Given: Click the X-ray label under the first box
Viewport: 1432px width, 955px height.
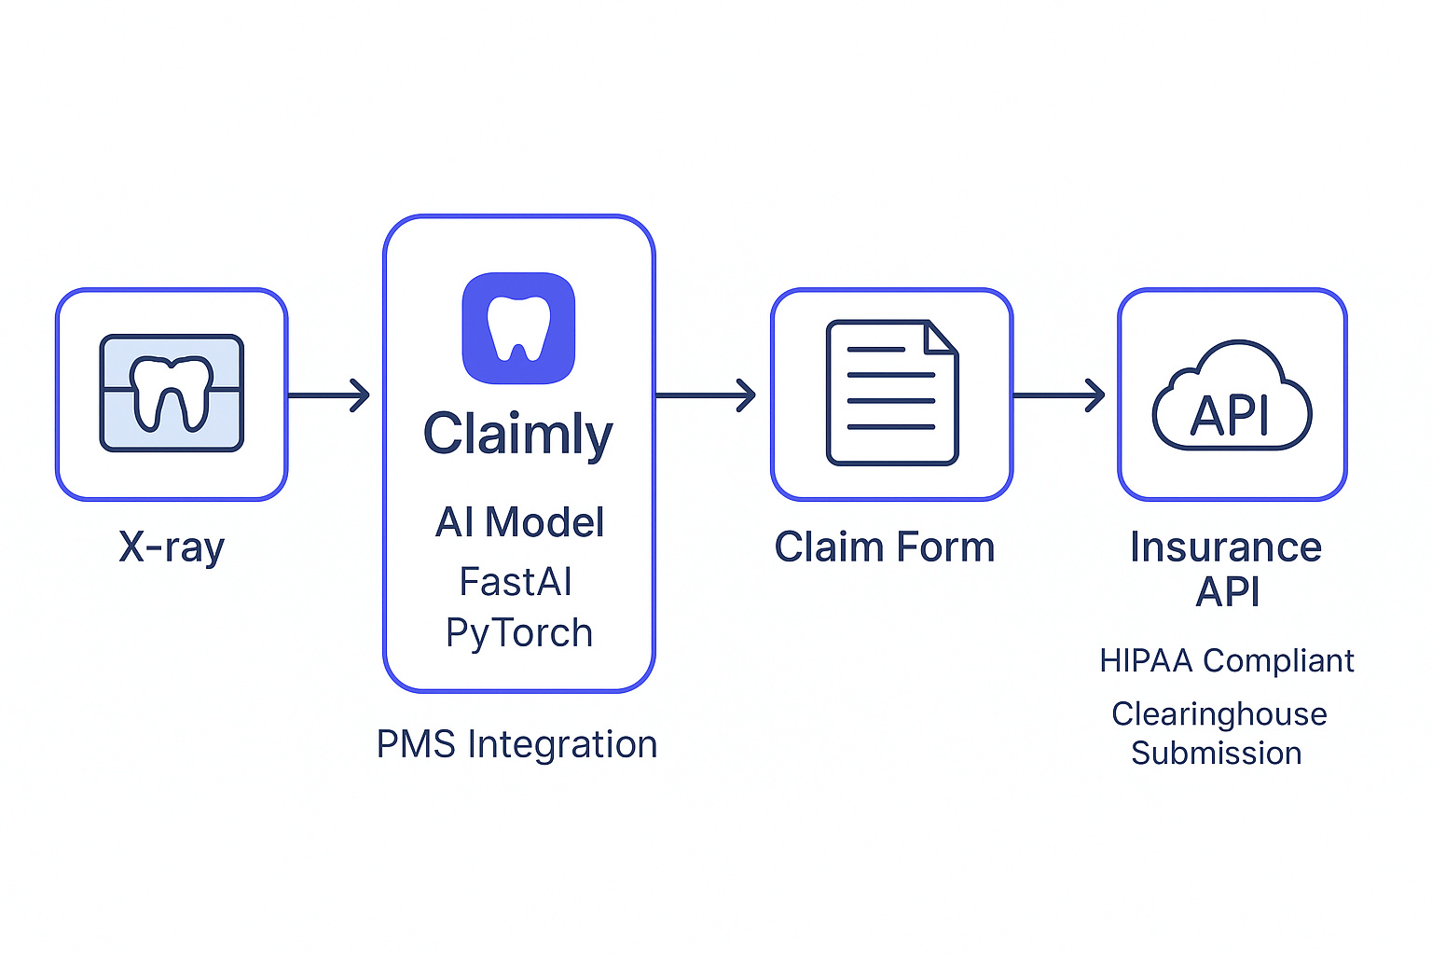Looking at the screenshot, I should point(172,547).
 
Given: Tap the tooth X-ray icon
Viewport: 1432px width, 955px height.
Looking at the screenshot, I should point(172,393).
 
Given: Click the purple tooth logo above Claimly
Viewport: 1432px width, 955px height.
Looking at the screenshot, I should point(518,327).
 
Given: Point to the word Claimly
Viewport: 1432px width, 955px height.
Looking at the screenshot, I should point(518,435).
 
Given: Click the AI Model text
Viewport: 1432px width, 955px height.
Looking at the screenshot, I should point(519,522).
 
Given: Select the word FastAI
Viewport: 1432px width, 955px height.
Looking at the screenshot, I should point(516,582).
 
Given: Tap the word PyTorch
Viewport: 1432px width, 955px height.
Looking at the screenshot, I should point(519,633).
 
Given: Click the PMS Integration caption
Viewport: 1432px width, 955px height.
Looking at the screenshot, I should point(516,744).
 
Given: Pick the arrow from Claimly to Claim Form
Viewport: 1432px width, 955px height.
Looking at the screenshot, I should point(706,394).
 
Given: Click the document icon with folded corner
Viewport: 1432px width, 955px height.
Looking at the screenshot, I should point(891,393).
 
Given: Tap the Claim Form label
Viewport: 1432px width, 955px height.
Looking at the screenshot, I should point(885,547).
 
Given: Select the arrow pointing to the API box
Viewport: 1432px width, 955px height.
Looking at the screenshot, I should point(1059,394).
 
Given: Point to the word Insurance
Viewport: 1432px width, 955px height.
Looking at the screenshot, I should point(1226,547).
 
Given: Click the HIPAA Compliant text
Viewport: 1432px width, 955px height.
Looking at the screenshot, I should point(1226,661).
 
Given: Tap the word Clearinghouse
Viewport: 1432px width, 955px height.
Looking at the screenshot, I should point(1219,714).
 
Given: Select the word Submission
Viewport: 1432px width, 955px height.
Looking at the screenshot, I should point(1217,754).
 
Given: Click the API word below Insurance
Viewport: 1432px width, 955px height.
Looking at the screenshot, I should point(1228,592).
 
